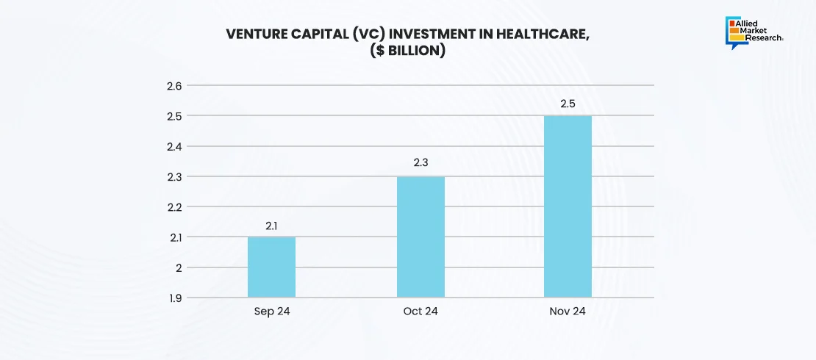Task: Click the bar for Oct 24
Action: point(420,237)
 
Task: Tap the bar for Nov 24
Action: point(568,206)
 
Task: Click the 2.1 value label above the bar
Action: point(271,226)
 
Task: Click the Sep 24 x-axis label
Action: point(271,312)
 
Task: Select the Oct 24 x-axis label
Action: point(420,312)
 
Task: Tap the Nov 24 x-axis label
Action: point(568,312)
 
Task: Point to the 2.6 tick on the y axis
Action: point(174,86)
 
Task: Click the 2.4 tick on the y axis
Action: point(174,146)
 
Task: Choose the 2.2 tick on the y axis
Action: point(174,206)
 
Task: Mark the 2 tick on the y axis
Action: point(178,267)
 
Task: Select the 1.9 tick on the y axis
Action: point(174,298)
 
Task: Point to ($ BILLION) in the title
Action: point(408,52)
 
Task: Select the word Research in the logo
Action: point(764,39)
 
